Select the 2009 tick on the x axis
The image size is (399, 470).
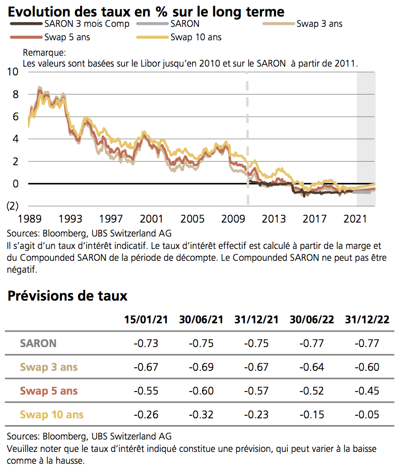click(x=235, y=218)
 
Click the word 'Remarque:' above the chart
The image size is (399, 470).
click(x=44, y=53)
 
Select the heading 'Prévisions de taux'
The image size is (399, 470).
click(x=68, y=296)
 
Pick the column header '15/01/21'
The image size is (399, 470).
click(x=146, y=319)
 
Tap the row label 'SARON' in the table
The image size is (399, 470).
click(x=38, y=343)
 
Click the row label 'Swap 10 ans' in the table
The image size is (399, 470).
click(x=52, y=414)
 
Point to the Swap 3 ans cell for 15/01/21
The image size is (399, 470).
click(x=146, y=367)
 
